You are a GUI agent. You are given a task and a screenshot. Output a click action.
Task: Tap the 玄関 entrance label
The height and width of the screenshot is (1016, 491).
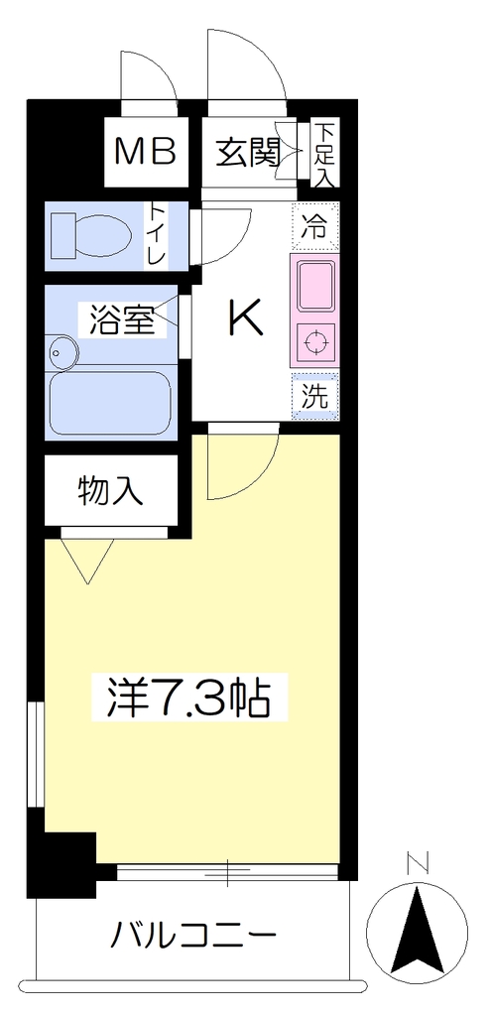point(247,153)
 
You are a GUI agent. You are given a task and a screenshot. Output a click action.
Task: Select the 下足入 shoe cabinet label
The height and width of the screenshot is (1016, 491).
point(324,154)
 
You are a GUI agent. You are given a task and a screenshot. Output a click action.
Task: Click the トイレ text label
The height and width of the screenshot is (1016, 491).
point(158,235)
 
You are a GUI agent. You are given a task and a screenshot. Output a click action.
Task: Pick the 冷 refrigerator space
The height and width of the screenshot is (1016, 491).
point(314,227)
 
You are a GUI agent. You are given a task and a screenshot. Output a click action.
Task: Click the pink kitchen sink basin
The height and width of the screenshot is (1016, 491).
point(314,285)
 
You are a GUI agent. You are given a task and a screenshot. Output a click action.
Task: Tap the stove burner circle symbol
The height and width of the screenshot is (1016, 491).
point(315,341)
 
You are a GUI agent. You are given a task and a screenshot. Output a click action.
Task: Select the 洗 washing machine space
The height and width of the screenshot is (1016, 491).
point(314,395)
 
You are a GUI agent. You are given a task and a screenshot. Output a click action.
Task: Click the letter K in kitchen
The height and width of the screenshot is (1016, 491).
point(246,317)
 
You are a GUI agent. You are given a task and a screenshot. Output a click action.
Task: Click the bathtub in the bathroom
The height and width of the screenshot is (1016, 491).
point(110,402)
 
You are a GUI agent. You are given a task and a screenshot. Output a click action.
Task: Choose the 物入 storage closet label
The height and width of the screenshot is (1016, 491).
point(109,490)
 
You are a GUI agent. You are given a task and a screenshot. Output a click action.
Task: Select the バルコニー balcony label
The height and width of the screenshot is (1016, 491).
point(193,935)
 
